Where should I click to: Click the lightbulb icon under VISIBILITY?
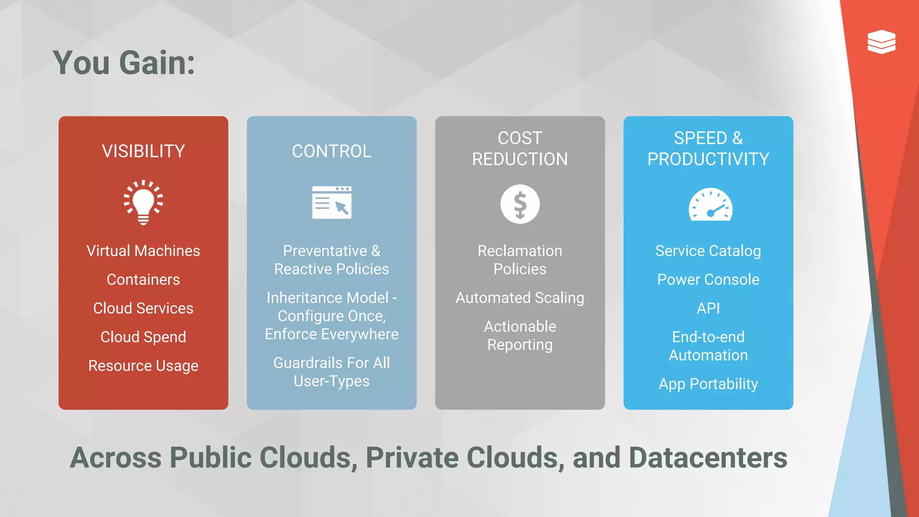[143, 202]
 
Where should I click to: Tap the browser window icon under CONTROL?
[332, 202]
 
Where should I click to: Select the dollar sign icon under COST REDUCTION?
[520, 204]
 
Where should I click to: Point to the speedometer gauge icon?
[710, 205]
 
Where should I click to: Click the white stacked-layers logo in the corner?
[881, 42]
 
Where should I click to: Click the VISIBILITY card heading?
[143, 151]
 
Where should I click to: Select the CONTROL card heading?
[332, 151]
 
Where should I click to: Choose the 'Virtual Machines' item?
[143, 251]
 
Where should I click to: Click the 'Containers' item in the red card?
[143, 280]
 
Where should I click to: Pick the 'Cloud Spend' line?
[143, 337]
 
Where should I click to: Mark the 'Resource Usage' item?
[143, 366]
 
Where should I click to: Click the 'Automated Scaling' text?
[520, 298]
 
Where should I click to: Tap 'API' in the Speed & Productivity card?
[708, 308]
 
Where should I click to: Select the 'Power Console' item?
[708, 280]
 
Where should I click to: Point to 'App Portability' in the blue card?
[708, 384]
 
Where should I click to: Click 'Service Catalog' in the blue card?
[708, 251]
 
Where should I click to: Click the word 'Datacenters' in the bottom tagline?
[708, 458]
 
